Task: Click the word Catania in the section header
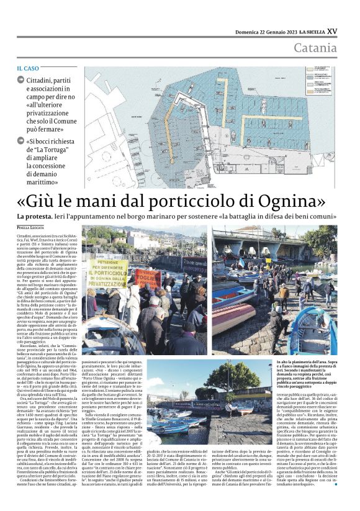click(316, 48)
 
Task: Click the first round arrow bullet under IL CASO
click(21, 80)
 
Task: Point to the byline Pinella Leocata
click(32, 228)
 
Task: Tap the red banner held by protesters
click(148, 278)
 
